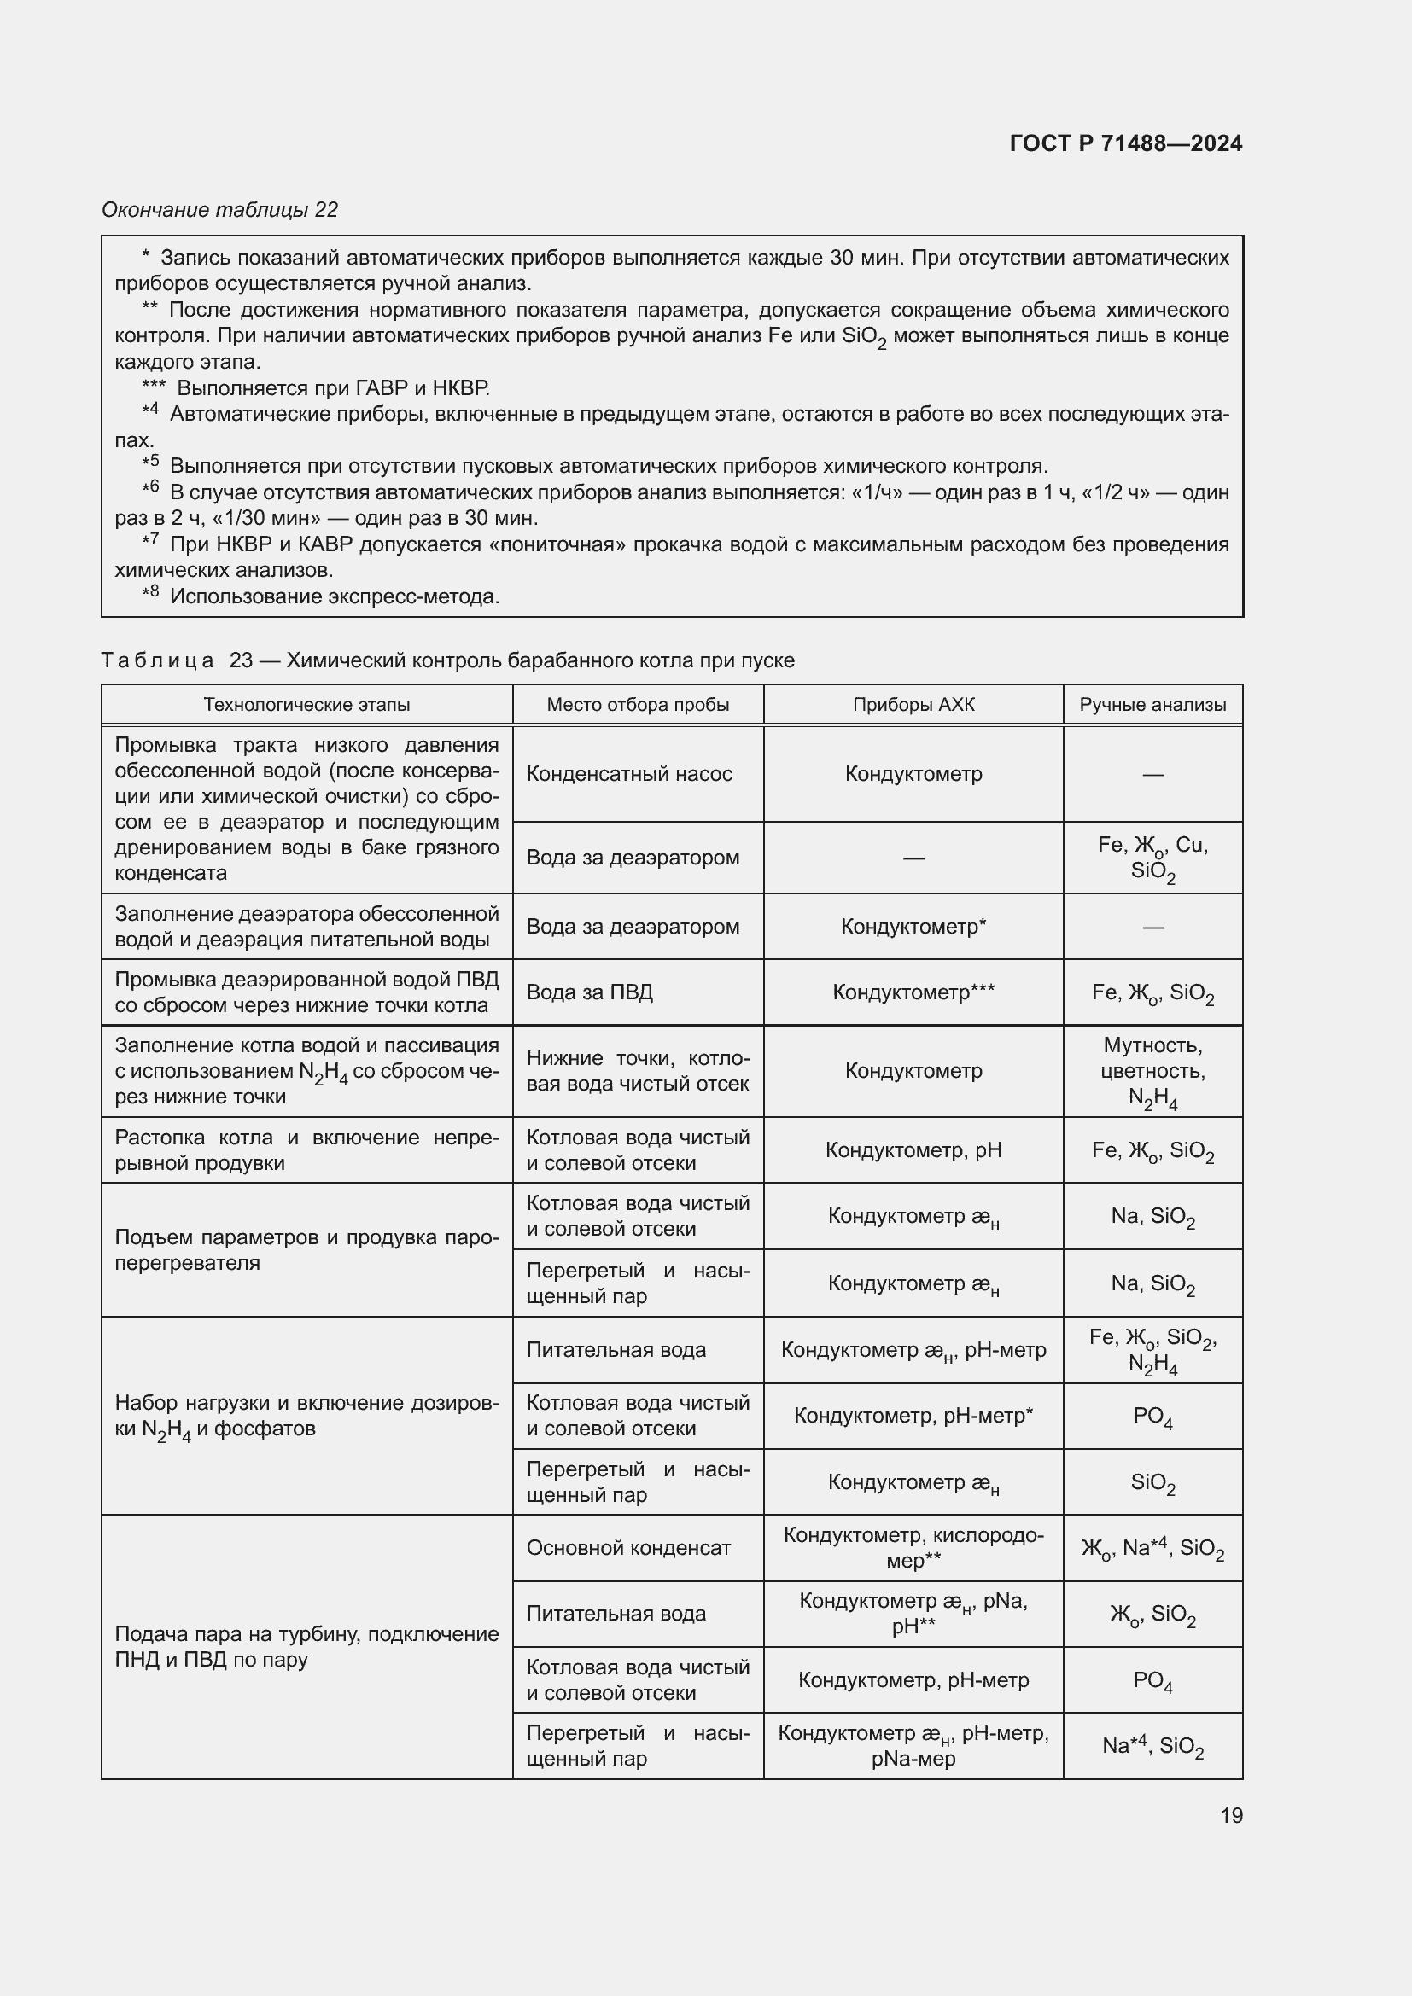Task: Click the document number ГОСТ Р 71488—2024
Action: (1126, 143)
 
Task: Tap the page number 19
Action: (1231, 1815)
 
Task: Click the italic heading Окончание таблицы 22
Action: (220, 210)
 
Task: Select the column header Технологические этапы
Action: (307, 704)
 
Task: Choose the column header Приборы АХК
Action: (913, 704)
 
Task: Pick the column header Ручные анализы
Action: (1152, 704)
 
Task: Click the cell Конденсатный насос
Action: (629, 774)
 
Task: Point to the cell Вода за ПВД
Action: (590, 992)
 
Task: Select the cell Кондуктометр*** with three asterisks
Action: (913, 992)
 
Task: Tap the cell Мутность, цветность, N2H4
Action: (1152, 1071)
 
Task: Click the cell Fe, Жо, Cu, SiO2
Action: (1152, 857)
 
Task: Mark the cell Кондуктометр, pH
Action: (913, 1150)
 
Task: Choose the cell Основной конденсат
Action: (628, 1547)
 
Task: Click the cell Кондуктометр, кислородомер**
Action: (913, 1547)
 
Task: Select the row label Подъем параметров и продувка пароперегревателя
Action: (307, 1249)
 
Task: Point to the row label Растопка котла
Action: (307, 1150)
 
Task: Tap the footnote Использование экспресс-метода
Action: (335, 596)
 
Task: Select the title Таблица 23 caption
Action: (448, 660)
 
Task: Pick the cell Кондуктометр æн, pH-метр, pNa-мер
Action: (913, 1746)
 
